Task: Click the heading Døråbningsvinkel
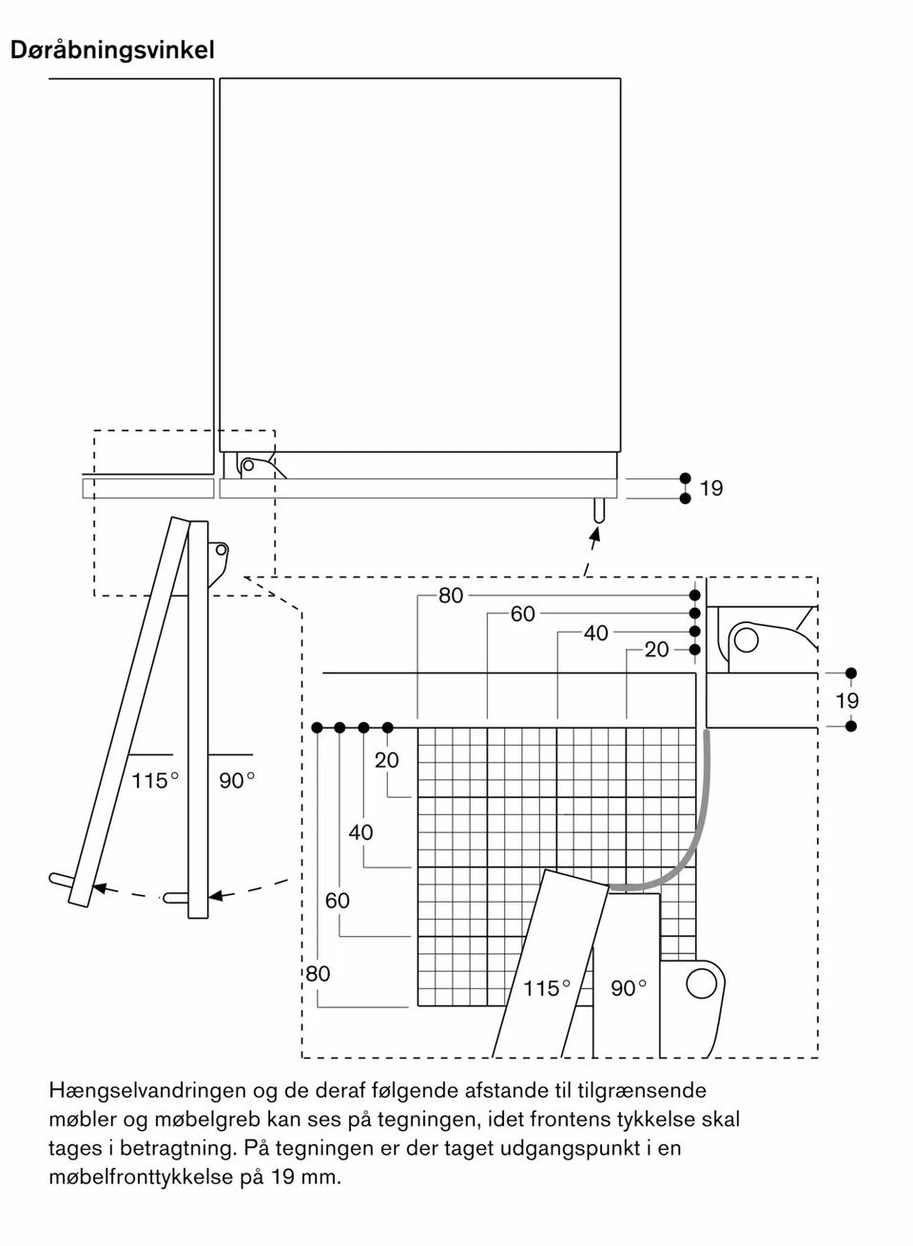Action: point(112,49)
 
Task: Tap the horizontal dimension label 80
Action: point(451,595)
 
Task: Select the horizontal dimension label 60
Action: point(522,614)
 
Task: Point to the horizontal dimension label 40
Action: point(595,633)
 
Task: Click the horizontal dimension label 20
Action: point(656,650)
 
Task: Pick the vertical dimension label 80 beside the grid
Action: point(318,973)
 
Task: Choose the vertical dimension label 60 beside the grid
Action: point(338,900)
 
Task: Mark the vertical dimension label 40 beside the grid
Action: point(360,832)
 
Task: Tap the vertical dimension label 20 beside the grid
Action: point(386,760)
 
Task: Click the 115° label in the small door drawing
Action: point(155,781)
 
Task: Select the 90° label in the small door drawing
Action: point(237,781)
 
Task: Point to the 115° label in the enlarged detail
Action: point(547,988)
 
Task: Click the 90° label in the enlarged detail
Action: point(629,988)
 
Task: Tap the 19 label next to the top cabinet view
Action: point(710,489)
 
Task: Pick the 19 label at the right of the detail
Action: point(846,701)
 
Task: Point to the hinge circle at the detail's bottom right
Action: point(700,983)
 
